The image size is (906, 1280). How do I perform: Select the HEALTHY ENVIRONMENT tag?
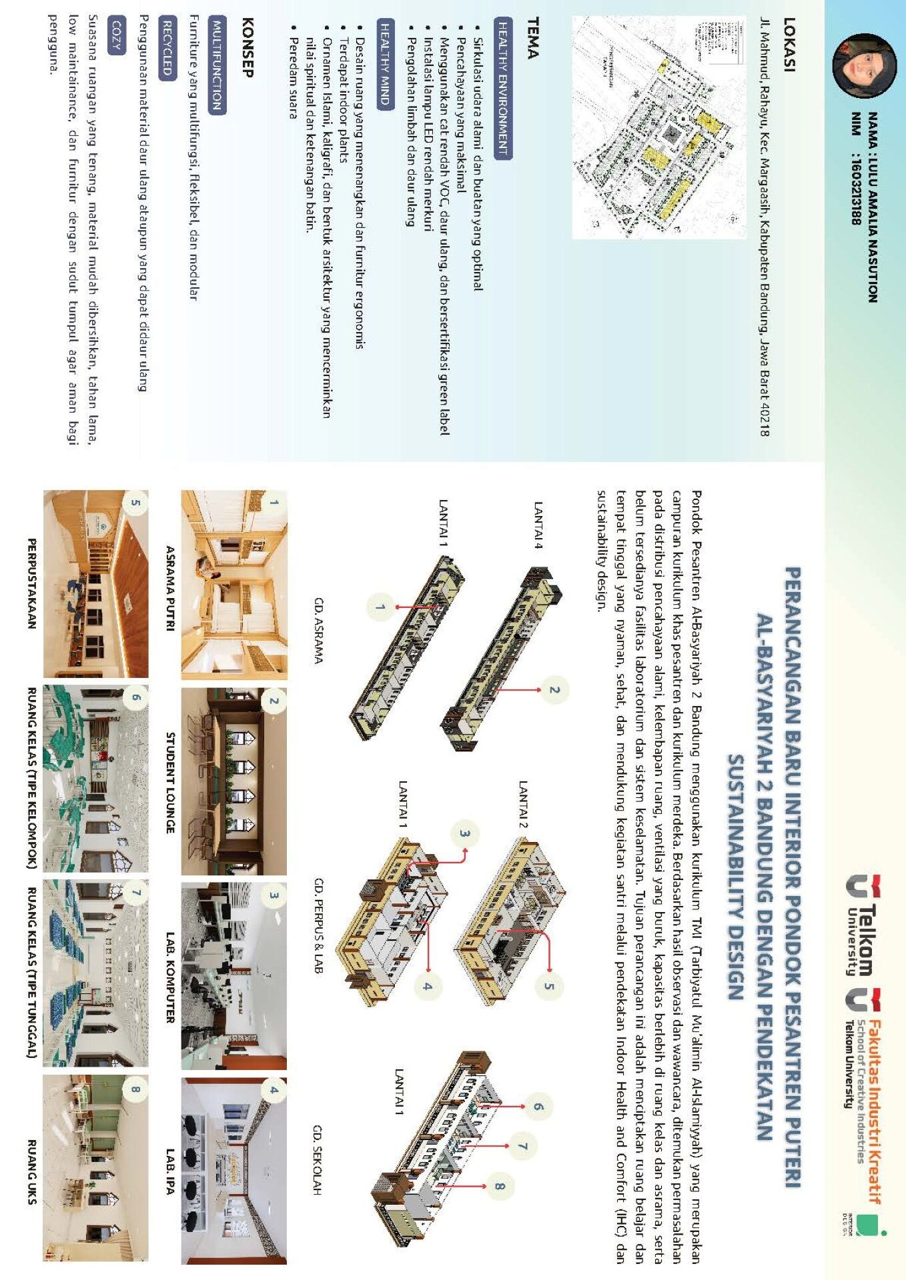[x=502, y=88]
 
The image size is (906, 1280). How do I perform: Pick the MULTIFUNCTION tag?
[x=217, y=65]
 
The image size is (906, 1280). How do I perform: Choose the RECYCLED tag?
[x=167, y=47]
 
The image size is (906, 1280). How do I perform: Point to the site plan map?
[x=658, y=127]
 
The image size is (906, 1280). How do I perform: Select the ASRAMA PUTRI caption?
[x=170, y=587]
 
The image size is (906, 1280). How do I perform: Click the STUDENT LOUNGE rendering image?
[x=234, y=781]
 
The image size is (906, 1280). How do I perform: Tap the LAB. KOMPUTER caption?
[x=170, y=977]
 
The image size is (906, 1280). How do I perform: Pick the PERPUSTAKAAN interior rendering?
[x=96, y=584]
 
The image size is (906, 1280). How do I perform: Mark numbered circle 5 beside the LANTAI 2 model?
[x=548, y=987]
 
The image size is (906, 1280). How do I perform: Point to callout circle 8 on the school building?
[x=500, y=1185]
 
